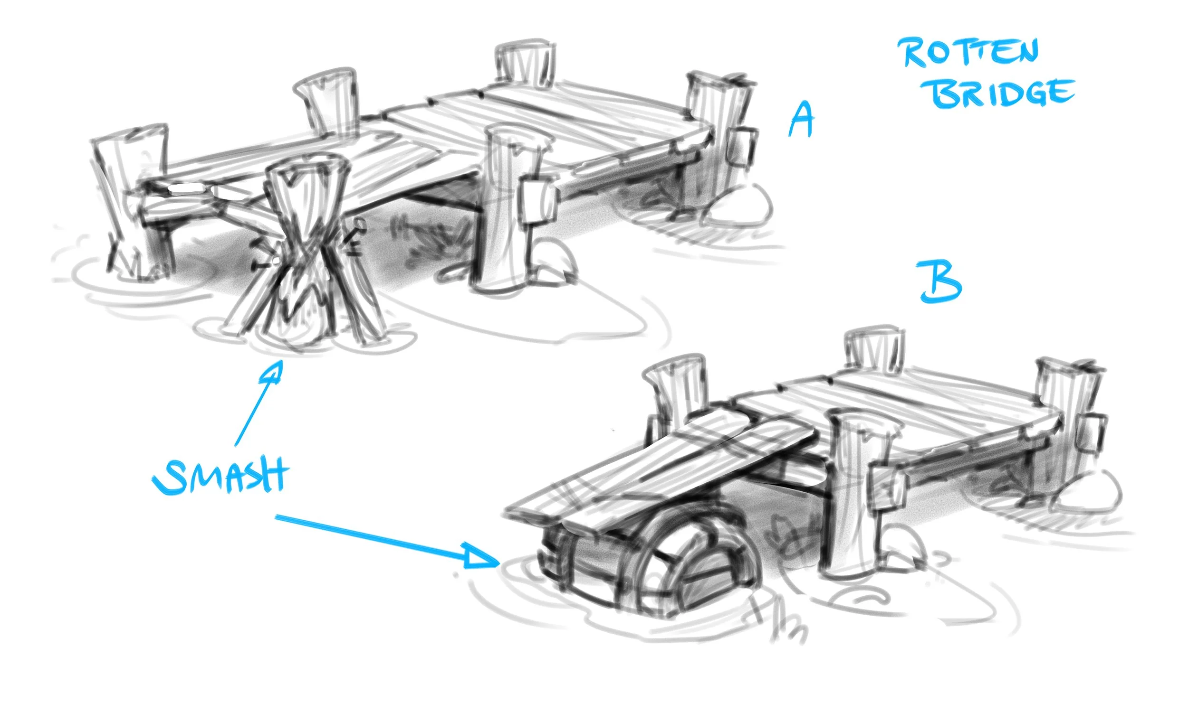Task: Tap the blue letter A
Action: point(801,119)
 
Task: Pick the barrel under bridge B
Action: point(646,563)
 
